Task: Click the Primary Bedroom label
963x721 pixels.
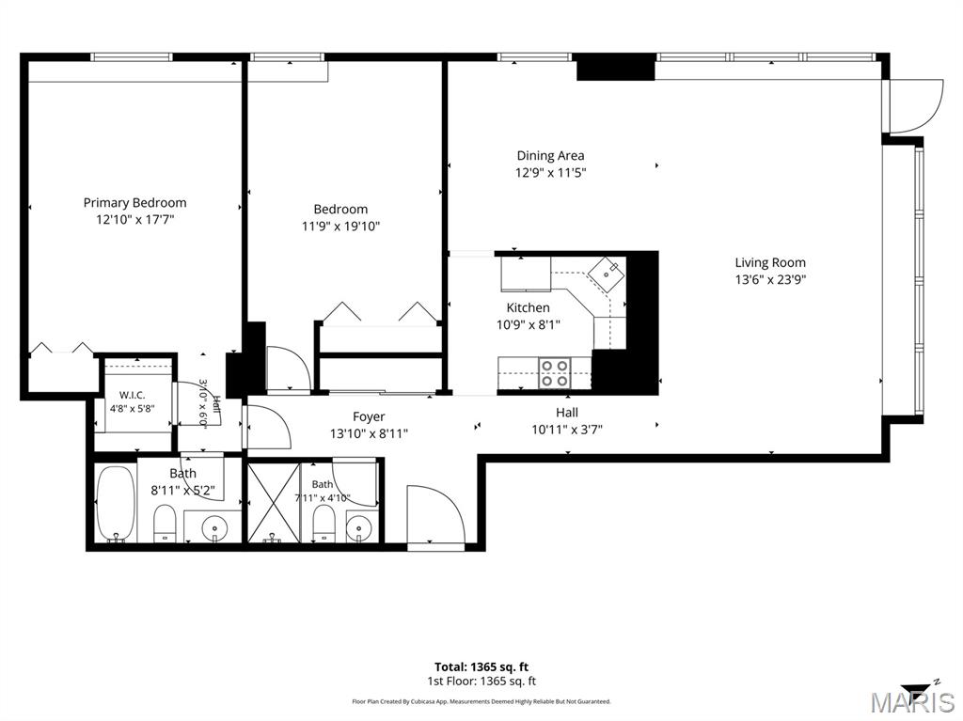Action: point(135,203)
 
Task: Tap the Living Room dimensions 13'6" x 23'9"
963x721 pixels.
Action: point(770,279)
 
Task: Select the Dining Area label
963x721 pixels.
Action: point(550,156)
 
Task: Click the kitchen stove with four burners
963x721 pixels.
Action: point(554,373)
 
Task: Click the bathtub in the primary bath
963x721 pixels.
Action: point(116,505)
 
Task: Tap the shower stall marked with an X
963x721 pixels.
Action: point(274,503)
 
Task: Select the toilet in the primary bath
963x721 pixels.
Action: point(164,524)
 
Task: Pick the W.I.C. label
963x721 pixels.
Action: point(132,395)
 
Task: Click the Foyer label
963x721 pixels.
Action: point(369,417)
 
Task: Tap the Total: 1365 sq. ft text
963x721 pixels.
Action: point(481,667)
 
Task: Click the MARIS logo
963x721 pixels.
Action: point(912,701)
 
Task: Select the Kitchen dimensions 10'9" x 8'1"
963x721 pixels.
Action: point(529,325)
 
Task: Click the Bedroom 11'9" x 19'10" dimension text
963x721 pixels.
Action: point(340,227)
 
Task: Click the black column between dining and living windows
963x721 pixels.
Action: point(615,67)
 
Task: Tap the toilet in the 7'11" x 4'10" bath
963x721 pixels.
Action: point(324,525)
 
